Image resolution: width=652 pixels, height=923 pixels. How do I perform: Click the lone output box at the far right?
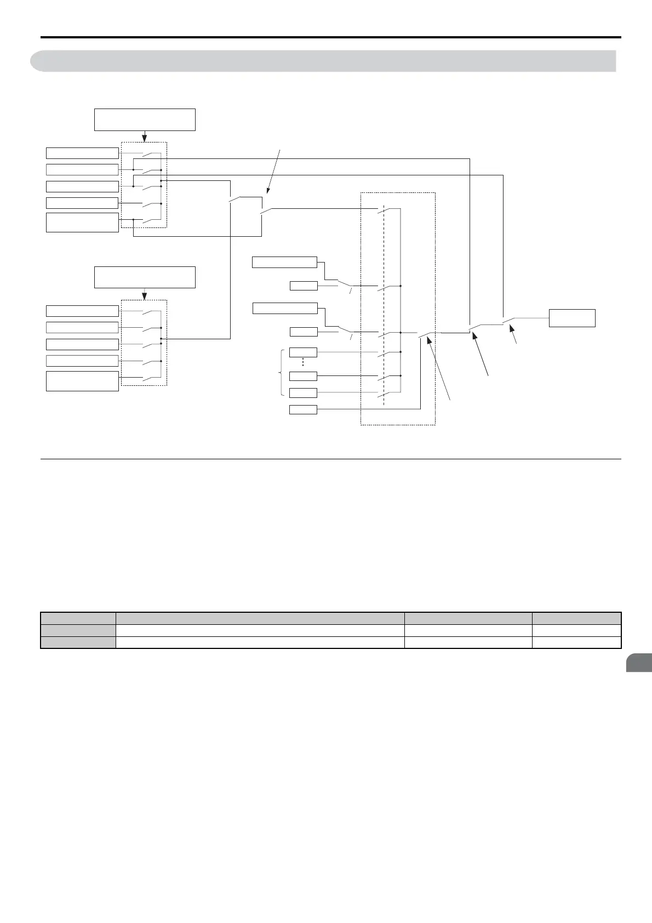[572, 318]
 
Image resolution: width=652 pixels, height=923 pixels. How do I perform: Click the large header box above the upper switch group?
[145, 119]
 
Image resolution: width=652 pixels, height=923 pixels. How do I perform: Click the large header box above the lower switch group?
[145, 277]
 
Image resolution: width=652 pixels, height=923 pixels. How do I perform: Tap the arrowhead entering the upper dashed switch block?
[145, 138]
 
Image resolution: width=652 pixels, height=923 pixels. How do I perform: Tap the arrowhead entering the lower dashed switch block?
[145, 297]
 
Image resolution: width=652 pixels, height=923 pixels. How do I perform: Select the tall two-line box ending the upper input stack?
[82, 223]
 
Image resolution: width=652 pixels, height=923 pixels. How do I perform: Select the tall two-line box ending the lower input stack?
[82, 381]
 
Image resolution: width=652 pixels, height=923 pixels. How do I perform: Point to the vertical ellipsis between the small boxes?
[303, 363]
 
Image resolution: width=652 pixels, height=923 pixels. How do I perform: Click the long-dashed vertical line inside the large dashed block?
[384, 307]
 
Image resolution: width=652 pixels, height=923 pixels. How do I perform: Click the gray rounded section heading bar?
[323, 61]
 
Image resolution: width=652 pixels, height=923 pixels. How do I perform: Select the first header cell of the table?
[78, 618]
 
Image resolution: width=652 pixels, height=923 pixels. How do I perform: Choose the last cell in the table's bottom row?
[576, 642]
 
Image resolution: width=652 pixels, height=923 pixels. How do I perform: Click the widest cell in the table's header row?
[260, 618]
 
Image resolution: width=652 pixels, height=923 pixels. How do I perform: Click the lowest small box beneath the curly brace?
[303, 409]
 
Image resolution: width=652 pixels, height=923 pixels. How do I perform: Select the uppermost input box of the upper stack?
[82, 153]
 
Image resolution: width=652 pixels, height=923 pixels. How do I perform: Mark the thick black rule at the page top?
[331, 37]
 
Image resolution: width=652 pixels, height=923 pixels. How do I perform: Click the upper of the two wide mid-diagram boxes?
[284, 262]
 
